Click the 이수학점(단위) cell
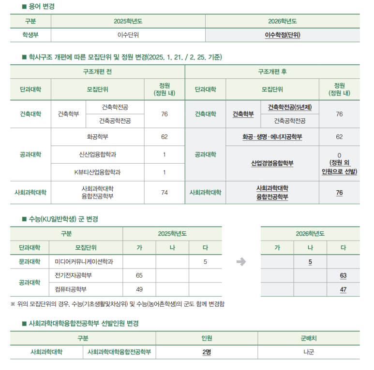tap(283, 35)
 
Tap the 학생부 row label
tap(30, 35)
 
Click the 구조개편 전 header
tap(97, 71)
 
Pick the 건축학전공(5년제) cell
tap(290, 107)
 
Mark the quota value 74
tap(165, 192)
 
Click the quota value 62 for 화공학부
tap(165, 137)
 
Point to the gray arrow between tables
tap(241, 262)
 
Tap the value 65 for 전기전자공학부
tap(139, 275)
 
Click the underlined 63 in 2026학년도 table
tap(343, 275)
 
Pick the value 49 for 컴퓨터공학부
tap(139, 289)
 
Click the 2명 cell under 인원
tap(207, 352)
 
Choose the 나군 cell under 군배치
tap(308, 352)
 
